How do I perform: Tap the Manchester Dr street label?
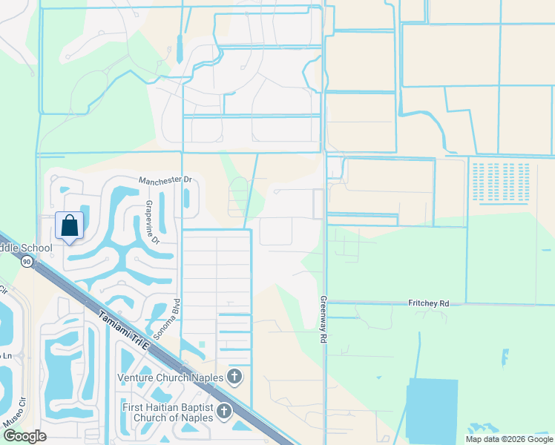[165, 180]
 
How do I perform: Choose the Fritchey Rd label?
[429, 303]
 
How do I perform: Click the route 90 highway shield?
[27, 261]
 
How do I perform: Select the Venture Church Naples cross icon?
[234, 377]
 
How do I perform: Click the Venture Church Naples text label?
[171, 378]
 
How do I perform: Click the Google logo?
[24, 436]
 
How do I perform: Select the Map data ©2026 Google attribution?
[508, 438]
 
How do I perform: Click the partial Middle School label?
[26, 248]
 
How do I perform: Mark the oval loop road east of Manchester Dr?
[237, 197]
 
